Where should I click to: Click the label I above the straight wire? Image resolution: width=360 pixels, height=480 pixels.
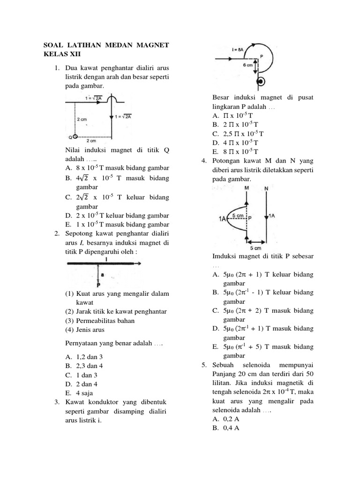[x=107, y=259]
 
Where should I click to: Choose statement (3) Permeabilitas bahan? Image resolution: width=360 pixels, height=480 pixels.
[x=100, y=321]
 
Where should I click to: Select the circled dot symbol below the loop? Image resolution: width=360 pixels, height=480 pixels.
[x=262, y=82]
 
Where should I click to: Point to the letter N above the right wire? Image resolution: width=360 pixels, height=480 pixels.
[x=266, y=188]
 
